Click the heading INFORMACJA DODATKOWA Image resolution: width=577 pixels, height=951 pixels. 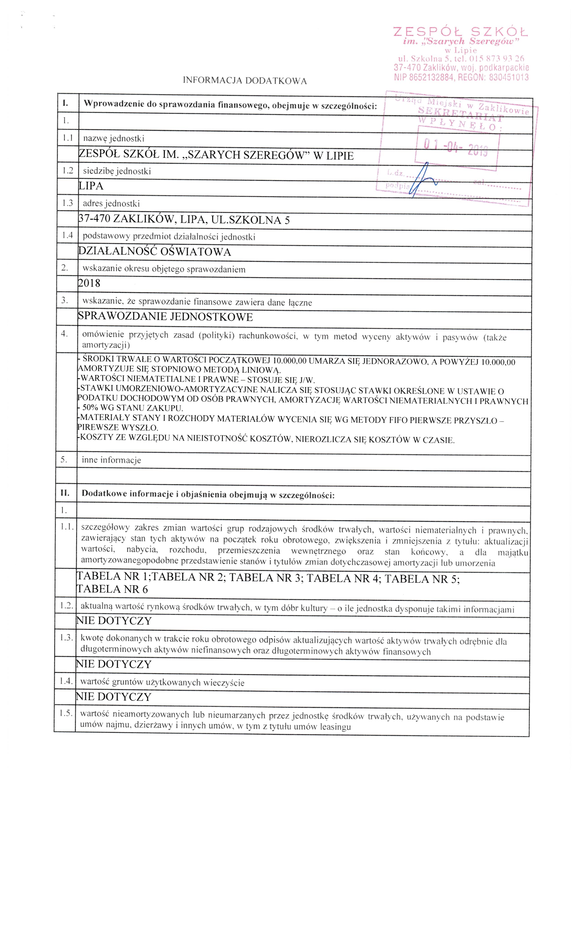coord(245,81)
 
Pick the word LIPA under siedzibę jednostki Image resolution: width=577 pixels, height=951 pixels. coord(91,186)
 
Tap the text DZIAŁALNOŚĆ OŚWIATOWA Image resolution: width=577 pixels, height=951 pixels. coord(154,252)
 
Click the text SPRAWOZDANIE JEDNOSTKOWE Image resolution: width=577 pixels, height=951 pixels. coord(165,317)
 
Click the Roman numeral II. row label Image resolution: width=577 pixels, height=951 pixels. coord(64,493)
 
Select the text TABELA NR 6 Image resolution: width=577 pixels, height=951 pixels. coord(113,589)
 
